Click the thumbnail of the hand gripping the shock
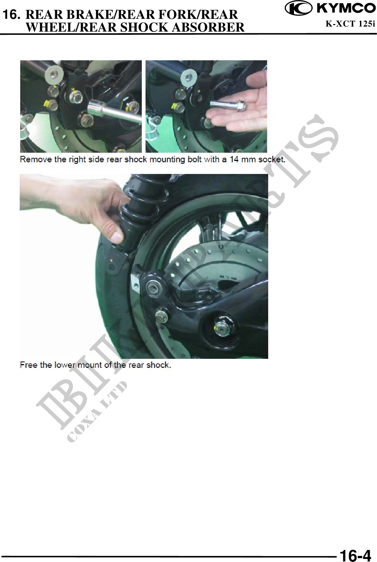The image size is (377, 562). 144,266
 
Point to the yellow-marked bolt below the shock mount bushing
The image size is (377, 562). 161,315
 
